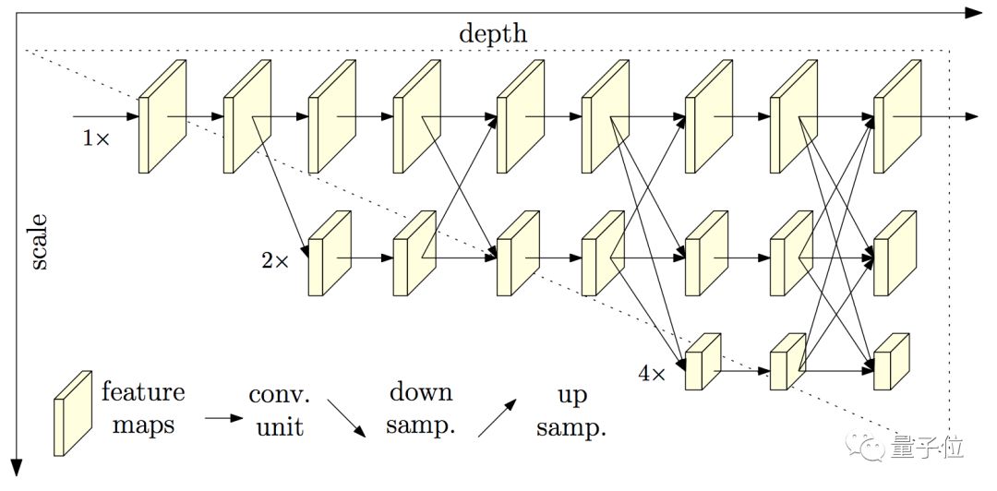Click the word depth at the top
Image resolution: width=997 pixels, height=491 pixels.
(493, 34)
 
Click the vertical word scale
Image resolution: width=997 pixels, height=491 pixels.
(40, 243)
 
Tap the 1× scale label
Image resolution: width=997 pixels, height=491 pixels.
(96, 139)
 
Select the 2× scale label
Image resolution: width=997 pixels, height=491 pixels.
(274, 261)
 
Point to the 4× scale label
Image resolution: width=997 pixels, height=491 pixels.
(651, 374)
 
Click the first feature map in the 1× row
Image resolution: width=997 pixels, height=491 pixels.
(162, 117)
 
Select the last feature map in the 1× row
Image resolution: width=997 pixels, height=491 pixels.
(896, 117)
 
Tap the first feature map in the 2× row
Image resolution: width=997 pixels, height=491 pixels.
(330, 254)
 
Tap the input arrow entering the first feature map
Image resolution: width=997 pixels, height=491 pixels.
(106, 117)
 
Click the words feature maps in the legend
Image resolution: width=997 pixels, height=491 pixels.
(143, 409)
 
